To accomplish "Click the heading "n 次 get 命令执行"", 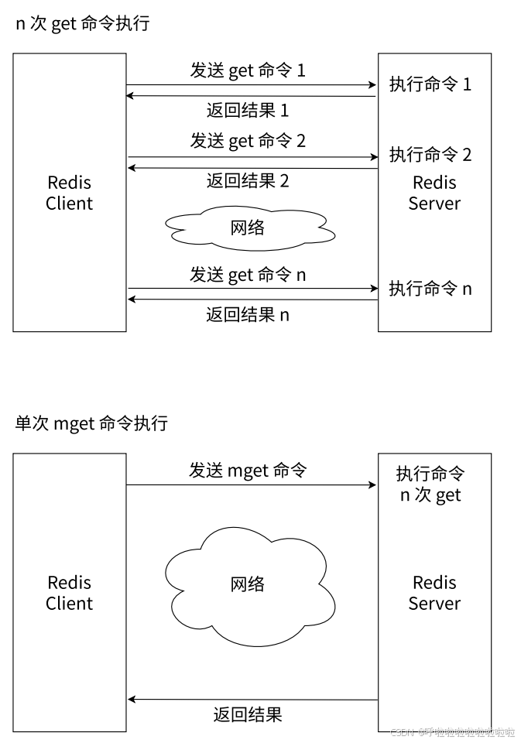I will click(x=83, y=24).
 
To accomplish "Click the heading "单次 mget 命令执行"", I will click(x=91, y=424).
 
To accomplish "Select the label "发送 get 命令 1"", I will click(x=248, y=70).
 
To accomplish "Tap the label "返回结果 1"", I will click(x=248, y=110).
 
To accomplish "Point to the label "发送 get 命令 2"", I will click(x=248, y=141).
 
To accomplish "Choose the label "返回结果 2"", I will click(x=248, y=181).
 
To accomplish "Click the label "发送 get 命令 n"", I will click(x=248, y=274).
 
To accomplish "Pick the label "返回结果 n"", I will click(x=248, y=314).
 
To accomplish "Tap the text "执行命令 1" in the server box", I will click(x=430, y=84).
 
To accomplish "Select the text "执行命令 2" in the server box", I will click(x=430, y=155).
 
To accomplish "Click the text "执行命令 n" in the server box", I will click(x=430, y=289).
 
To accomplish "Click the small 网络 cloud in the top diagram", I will click(x=248, y=228).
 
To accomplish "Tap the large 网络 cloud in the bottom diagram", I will click(x=248, y=584).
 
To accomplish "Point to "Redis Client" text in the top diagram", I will click(x=70, y=193).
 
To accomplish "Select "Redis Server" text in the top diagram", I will click(x=434, y=193).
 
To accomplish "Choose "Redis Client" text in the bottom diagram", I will click(x=70, y=593).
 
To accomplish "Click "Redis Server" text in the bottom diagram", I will click(x=434, y=593).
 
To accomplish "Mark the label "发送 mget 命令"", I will click(x=248, y=470).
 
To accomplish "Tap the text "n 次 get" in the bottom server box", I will click(x=430, y=495).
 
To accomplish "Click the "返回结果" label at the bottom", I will click(x=248, y=714).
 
